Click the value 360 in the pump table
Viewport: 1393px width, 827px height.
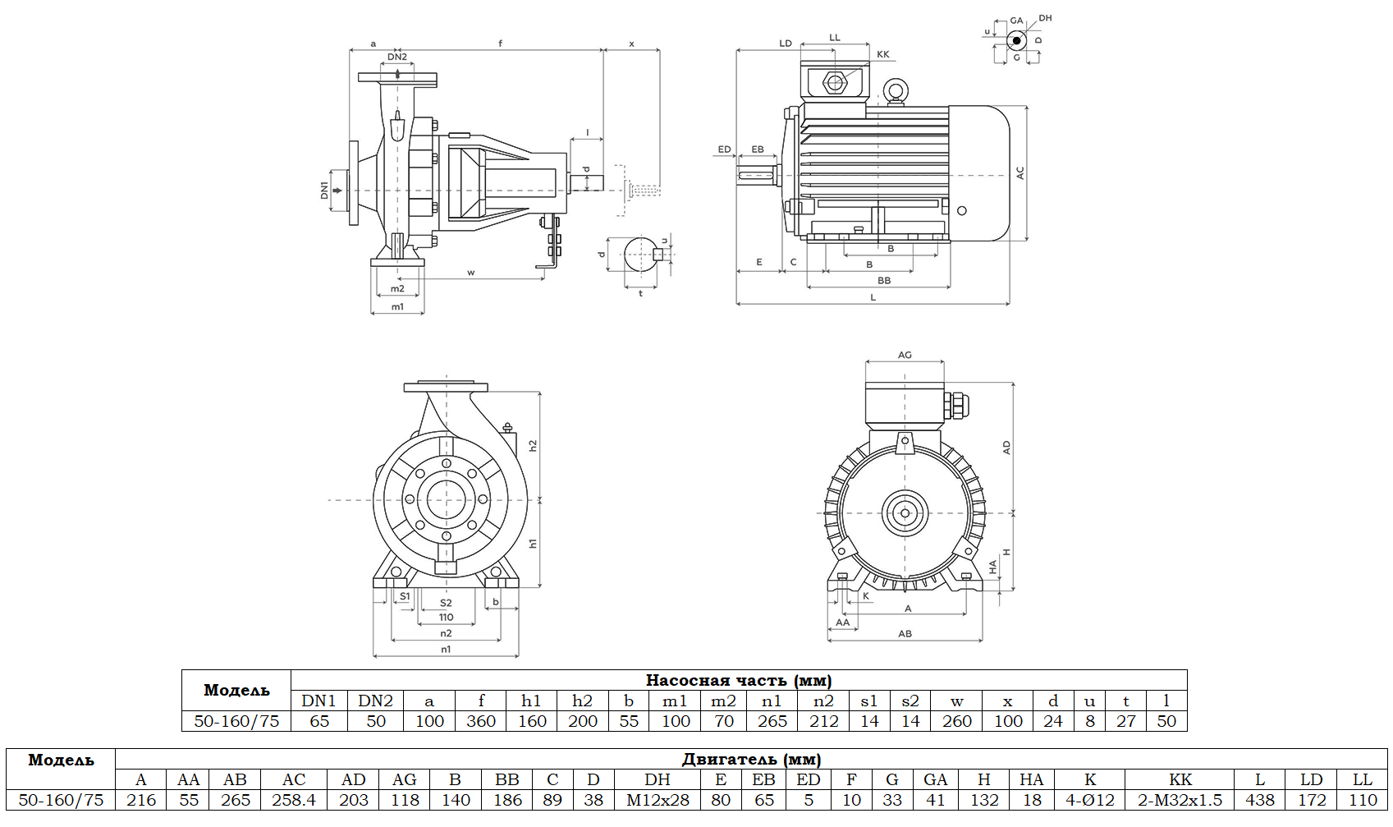pyautogui.click(x=481, y=721)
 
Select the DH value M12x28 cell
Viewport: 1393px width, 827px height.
pyautogui.click(x=658, y=800)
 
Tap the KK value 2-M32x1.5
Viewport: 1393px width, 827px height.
pyautogui.click(x=1180, y=800)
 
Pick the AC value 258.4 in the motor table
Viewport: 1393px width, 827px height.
pyautogui.click(x=294, y=800)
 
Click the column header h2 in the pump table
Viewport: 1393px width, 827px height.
pyautogui.click(x=582, y=701)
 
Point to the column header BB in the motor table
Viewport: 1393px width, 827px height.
pyautogui.click(x=507, y=779)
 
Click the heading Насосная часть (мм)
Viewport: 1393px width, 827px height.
pyautogui.click(x=739, y=680)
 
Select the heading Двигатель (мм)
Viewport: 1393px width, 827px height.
pyautogui.click(x=751, y=760)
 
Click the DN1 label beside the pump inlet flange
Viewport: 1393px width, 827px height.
pyautogui.click(x=324, y=191)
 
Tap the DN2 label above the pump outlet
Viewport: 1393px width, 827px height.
pyautogui.click(x=397, y=57)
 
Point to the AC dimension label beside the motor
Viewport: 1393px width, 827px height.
pyautogui.click(x=1020, y=173)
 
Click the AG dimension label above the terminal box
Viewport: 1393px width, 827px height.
pyautogui.click(x=905, y=355)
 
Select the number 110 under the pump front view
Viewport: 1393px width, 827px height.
pyautogui.click(x=446, y=618)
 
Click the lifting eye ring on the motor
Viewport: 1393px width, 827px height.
pyautogui.click(x=894, y=90)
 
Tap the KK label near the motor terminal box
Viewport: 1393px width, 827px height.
pyautogui.click(x=883, y=54)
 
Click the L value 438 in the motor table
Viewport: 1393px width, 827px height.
pyautogui.click(x=1260, y=800)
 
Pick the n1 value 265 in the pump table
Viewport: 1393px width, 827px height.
pyautogui.click(x=772, y=721)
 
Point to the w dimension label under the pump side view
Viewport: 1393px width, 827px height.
pyautogui.click(x=471, y=273)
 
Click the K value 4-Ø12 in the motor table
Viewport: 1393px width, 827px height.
pyautogui.click(x=1090, y=800)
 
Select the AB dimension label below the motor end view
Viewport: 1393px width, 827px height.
pyautogui.click(x=905, y=633)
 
